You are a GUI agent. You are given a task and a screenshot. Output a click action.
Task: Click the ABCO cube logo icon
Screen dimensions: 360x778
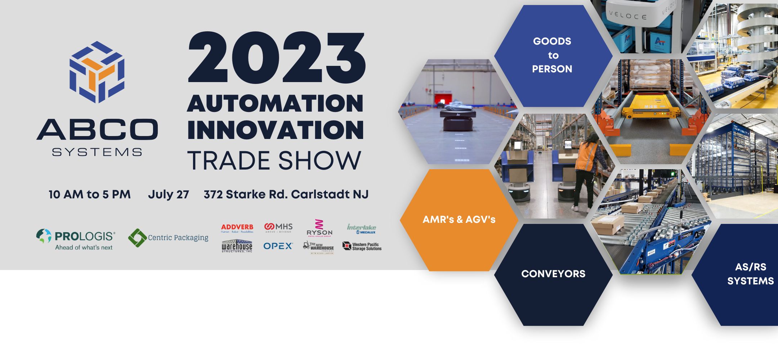point(97,72)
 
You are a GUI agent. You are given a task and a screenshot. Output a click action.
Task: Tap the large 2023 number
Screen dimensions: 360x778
point(277,58)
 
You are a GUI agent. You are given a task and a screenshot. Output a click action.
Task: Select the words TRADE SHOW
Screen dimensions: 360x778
point(274,160)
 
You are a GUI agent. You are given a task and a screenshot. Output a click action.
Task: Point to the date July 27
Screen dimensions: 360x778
point(168,194)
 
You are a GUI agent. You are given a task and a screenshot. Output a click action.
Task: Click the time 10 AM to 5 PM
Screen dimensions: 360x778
point(89,194)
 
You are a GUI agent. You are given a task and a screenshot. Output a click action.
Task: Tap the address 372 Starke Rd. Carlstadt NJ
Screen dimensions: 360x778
point(286,194)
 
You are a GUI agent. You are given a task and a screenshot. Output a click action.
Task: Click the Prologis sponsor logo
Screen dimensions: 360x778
point(76,239)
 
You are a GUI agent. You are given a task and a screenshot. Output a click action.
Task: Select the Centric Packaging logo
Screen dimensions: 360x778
point(168,238)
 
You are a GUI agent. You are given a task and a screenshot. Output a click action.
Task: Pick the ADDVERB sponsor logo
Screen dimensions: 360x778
point(237,228)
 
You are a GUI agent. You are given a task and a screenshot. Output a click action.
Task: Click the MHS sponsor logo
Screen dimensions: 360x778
point(278,228)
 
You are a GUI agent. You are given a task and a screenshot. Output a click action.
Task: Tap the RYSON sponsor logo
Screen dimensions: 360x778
point(319,228)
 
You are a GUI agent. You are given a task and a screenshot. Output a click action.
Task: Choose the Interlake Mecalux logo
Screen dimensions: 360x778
point(361,229)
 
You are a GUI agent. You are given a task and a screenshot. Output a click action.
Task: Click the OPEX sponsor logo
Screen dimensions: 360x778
point(278,246)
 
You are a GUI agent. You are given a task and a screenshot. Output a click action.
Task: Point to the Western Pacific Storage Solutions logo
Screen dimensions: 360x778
point(362,246)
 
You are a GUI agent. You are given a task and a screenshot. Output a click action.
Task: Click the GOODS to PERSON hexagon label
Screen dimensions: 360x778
point(552,55)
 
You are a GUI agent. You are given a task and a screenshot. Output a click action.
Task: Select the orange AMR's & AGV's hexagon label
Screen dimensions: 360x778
point(459,219)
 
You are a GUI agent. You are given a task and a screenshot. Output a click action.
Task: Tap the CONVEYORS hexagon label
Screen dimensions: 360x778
point(553,274)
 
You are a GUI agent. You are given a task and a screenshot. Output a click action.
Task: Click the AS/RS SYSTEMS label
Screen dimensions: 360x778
point(750,274)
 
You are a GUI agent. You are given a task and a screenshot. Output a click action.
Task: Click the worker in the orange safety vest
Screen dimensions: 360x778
point(586,169)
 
